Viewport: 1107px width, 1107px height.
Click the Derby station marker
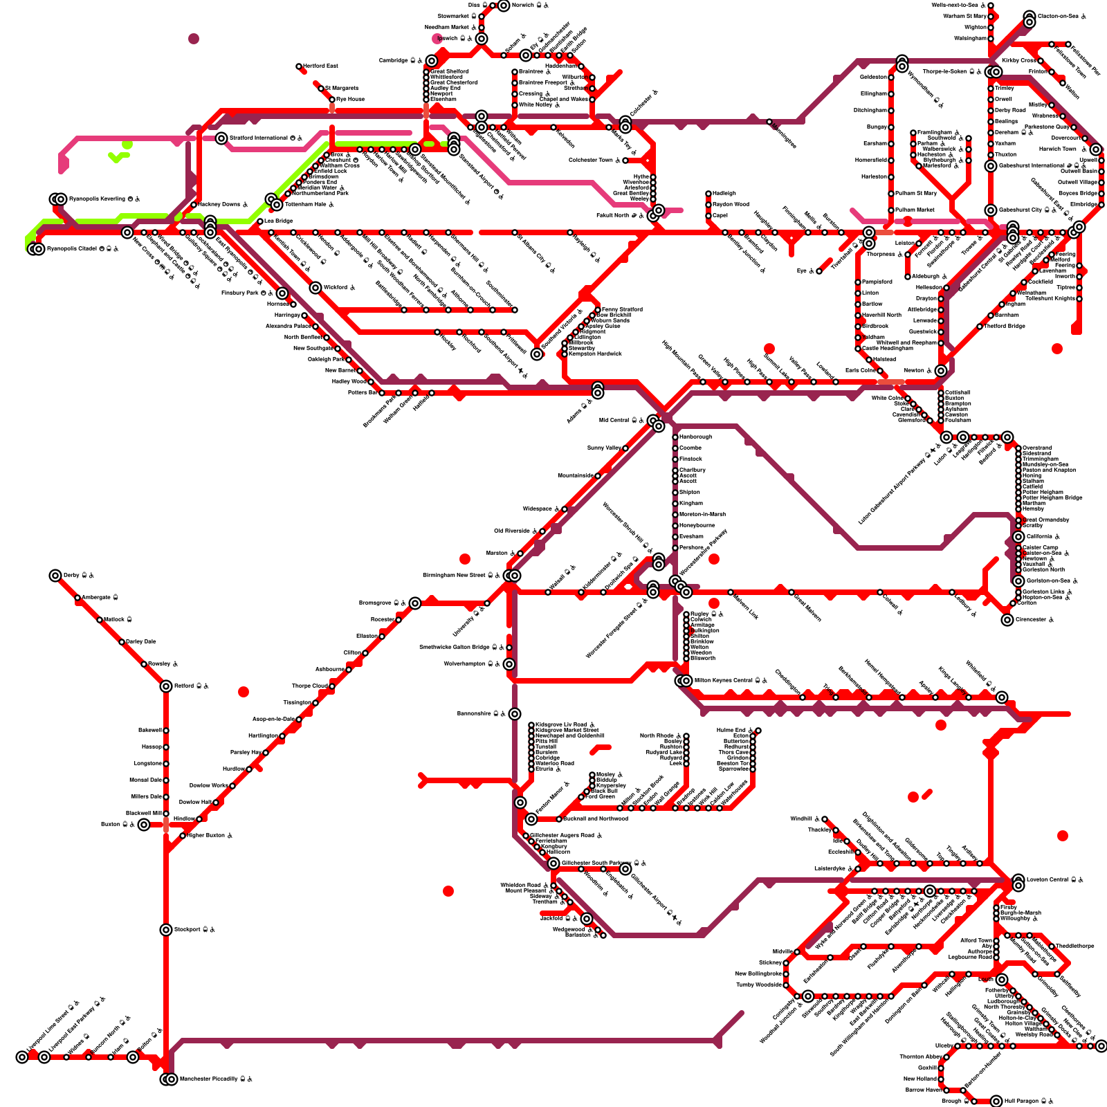point(55,576)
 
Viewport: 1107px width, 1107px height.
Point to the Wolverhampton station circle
point(509,664)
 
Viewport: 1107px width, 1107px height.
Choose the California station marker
point(1018,537)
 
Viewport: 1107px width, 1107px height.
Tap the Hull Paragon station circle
point(996,1101)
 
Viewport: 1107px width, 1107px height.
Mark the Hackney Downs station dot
point(194,205)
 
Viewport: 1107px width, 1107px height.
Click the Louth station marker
point(1002,980)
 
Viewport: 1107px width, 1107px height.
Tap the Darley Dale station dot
point(122,642)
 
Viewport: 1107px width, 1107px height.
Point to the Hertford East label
point(321,66)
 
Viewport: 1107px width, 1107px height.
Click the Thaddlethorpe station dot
point(1052,946)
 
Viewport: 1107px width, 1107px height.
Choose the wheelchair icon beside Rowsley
point(175,664)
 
